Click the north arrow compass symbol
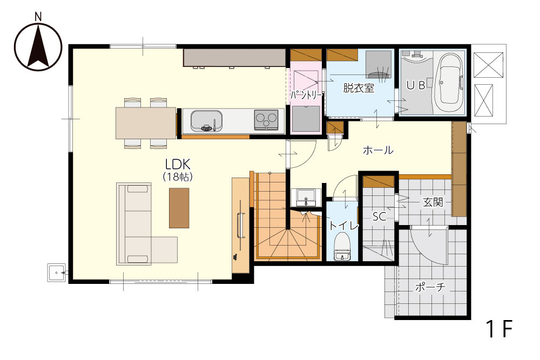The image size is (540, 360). tap(38, 46)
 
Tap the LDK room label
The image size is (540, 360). tap(178, 164)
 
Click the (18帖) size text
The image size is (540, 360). tap(177, 176)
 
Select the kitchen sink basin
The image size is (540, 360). tap(206, 121)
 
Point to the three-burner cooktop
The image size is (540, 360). tap(266, 120)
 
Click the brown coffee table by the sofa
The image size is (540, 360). tap(179, 208)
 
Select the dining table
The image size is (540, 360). tap(146, 123)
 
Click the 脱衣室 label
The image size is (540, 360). tap(359, 88)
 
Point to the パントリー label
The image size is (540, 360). tap(306, 95)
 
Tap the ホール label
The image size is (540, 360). tap(378, 150)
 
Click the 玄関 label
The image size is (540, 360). tap(433, 202)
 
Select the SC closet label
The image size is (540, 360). tap(379, 216)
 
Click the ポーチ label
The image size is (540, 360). tap(430, 287)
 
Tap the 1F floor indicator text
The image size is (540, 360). tap(499, 329)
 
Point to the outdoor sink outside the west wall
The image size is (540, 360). tap(56, 273)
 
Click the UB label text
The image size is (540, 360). tap(416, 85)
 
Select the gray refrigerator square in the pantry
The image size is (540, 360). tap(306, 119)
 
